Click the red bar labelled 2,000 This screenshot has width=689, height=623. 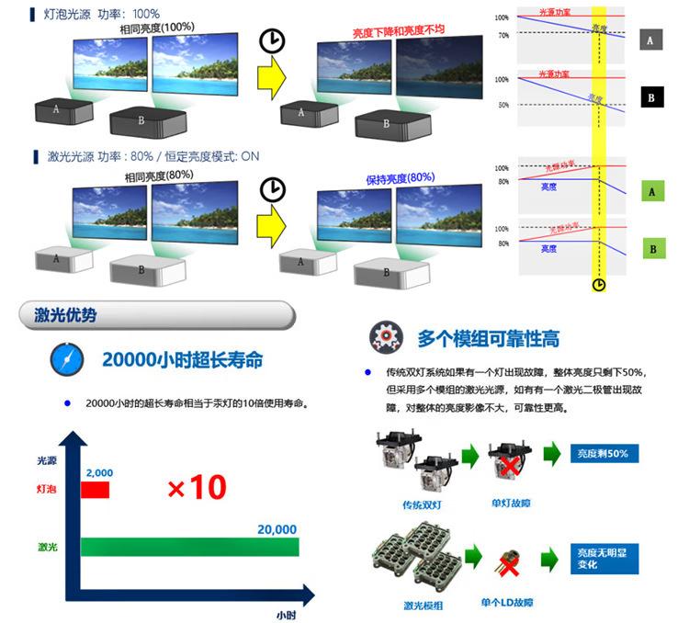point(95,489)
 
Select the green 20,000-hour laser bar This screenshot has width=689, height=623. point(189,547)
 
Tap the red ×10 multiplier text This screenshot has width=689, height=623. point(197,487)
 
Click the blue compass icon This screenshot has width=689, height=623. point(66,359)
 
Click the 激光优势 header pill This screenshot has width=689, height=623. point(156,315)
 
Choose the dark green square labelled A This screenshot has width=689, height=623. point(652,191)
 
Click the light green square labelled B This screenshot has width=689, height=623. point(652,248)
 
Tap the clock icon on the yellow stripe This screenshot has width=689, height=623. point(599,285)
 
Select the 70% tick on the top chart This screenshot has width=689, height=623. point(503,35)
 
